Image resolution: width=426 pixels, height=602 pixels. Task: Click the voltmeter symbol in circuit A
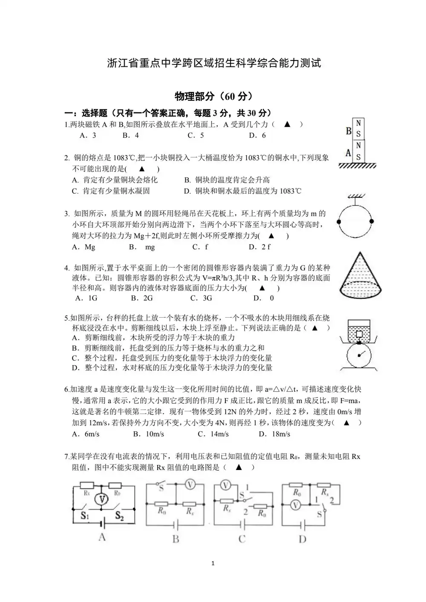coord(101,499)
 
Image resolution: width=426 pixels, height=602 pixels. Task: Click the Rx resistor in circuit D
coord(325,484)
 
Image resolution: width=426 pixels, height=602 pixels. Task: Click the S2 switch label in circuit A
coord(119,516)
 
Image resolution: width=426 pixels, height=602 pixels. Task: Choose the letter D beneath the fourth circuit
coord(302,539)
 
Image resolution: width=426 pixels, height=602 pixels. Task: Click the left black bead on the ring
coord(339,222)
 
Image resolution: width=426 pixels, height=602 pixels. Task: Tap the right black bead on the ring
coord(371,221)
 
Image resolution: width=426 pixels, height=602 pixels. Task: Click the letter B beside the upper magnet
coord(348,131)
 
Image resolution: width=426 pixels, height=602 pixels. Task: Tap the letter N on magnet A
coord(359,146)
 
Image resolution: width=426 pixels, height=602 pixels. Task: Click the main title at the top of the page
coord(213,63)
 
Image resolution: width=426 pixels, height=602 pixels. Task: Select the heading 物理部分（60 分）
coord(213,96)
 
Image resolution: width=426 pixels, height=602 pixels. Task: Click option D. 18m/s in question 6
coord(275,434)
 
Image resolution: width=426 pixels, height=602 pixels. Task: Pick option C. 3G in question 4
coord(201,298)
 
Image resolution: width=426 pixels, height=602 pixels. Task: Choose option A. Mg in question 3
coord(84,247)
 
